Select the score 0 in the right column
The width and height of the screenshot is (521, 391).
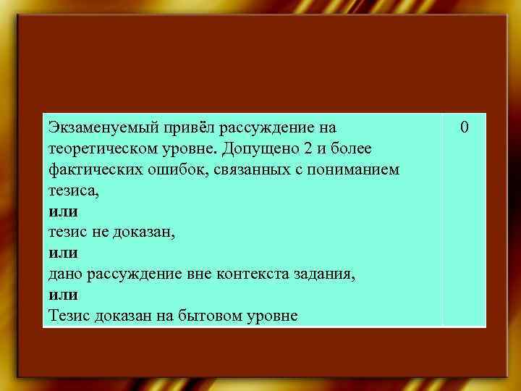click(465, 128)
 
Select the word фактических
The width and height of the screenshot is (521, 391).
click(89, 169)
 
